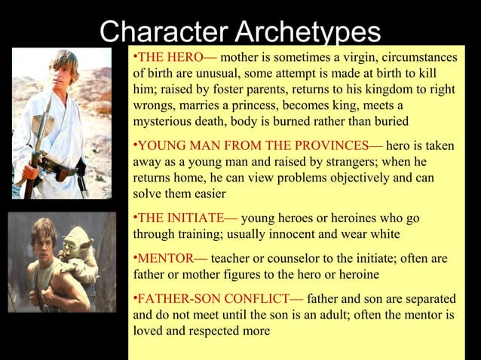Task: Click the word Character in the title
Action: coord(154,32)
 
